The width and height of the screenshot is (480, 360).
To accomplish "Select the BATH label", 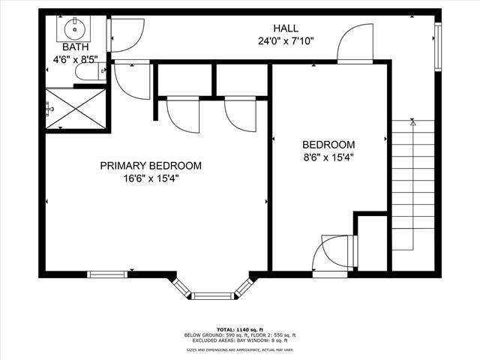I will point(75,46).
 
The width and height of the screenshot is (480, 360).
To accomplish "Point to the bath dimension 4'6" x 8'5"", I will point(75,58).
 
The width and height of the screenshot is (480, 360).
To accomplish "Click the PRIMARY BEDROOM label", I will point(151,166).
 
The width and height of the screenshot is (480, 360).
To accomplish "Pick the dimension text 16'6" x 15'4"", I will point(151,178).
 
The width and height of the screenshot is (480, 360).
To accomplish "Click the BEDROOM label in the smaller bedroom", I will point(328,145).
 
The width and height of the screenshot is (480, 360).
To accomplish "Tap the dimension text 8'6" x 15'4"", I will point(328,157).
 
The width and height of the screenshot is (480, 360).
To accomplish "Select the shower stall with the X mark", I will point(75,109).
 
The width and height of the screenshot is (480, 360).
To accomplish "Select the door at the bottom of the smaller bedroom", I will point(334,255).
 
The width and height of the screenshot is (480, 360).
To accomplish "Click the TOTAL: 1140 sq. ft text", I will point(240,329).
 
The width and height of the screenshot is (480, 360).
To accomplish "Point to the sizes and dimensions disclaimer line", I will point(240,349).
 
